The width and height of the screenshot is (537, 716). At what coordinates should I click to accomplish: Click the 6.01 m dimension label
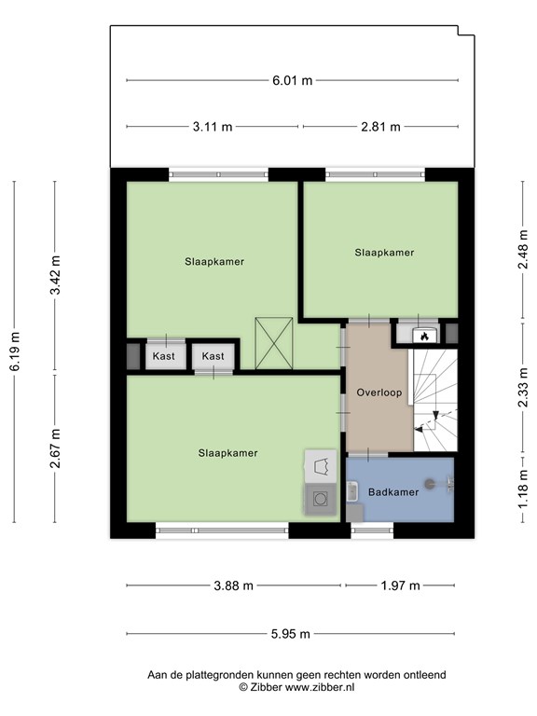(292, 81)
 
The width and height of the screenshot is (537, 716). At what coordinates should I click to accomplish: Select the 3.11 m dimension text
(213, 127)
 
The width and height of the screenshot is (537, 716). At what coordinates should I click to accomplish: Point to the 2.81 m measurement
(380, 127)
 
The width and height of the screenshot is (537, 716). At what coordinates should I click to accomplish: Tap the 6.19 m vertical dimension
(14, 351)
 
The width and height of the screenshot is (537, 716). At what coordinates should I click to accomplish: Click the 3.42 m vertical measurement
(55, 275)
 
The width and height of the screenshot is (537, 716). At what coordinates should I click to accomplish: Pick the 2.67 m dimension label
(55, 448)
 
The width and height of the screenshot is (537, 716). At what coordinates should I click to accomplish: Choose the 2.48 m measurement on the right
(523, 249)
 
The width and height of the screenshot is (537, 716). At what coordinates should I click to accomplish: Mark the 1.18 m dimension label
(523, 489)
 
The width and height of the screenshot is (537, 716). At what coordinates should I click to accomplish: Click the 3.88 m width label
(233, 585)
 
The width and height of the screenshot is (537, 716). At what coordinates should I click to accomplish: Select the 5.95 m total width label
(291, 634)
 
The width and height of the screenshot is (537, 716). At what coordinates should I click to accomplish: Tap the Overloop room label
(379, 392)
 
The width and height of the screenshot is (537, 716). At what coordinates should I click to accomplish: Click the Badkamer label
(393, 492)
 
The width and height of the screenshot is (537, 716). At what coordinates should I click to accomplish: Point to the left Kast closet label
(163, 356)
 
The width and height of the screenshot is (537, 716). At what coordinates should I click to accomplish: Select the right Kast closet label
(213, 356)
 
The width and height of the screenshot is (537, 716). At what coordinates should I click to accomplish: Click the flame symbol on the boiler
(425, 337)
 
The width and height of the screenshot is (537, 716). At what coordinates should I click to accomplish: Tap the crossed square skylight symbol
(274, 343)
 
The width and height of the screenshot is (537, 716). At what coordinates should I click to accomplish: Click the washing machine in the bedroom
(320, 499)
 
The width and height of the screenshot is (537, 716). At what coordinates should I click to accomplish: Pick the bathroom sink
(351, 491)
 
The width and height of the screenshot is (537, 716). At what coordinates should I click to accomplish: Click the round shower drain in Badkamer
(429, 484)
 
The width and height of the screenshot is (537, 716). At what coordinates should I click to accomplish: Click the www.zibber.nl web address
(320, 687)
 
